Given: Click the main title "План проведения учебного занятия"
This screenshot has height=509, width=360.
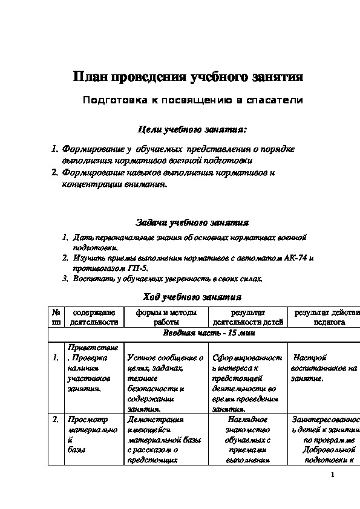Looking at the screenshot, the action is pyautogui.click(x=188, y=77).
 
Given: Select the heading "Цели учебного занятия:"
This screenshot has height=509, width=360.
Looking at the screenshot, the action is pyautogui.click(x=192, y=129).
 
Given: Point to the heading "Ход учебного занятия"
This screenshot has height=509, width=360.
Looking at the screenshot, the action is pyautogui.click(x=192, y=297).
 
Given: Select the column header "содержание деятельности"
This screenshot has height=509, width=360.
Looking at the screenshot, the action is pyautogui.click(x=94, y=317).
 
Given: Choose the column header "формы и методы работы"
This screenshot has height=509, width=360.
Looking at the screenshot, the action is pyautogui.click(x=166, y=317).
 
